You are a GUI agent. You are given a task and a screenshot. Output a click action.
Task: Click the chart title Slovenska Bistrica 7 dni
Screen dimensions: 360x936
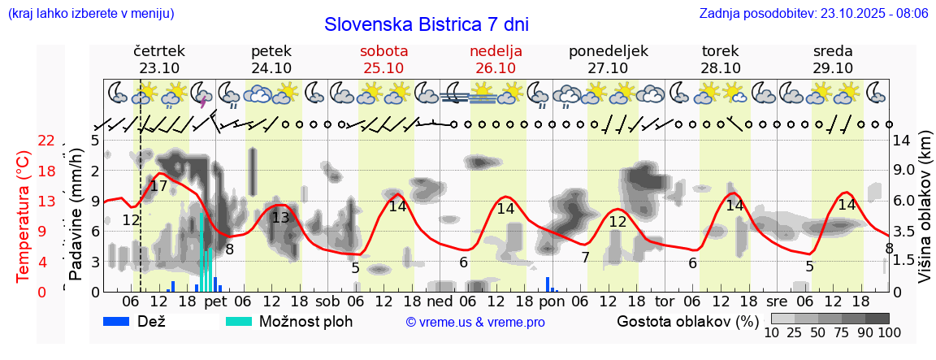(426, 24)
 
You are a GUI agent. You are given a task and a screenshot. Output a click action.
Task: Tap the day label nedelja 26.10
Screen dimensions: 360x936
(496, 59)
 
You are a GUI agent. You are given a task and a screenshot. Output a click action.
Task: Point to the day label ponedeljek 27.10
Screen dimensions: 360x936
(608, 59)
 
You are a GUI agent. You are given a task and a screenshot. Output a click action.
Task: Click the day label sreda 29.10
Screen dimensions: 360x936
(833, 59)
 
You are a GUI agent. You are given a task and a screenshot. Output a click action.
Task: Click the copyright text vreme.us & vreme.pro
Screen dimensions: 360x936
(475, 323)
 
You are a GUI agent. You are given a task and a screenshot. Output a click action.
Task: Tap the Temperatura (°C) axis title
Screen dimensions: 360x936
(23, 215)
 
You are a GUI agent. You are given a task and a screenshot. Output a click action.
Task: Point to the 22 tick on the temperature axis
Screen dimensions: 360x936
(46, 141)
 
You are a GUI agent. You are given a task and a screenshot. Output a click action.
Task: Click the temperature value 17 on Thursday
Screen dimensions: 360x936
(158, 187)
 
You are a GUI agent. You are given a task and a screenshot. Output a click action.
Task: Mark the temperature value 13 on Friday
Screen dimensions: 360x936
(280, 218)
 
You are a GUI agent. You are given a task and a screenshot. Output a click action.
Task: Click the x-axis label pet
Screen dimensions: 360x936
(215, 302)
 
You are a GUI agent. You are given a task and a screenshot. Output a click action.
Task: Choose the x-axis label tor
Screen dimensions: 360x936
(665, 302)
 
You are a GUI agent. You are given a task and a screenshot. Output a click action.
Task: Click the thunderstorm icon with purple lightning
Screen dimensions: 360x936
(201, 93)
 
